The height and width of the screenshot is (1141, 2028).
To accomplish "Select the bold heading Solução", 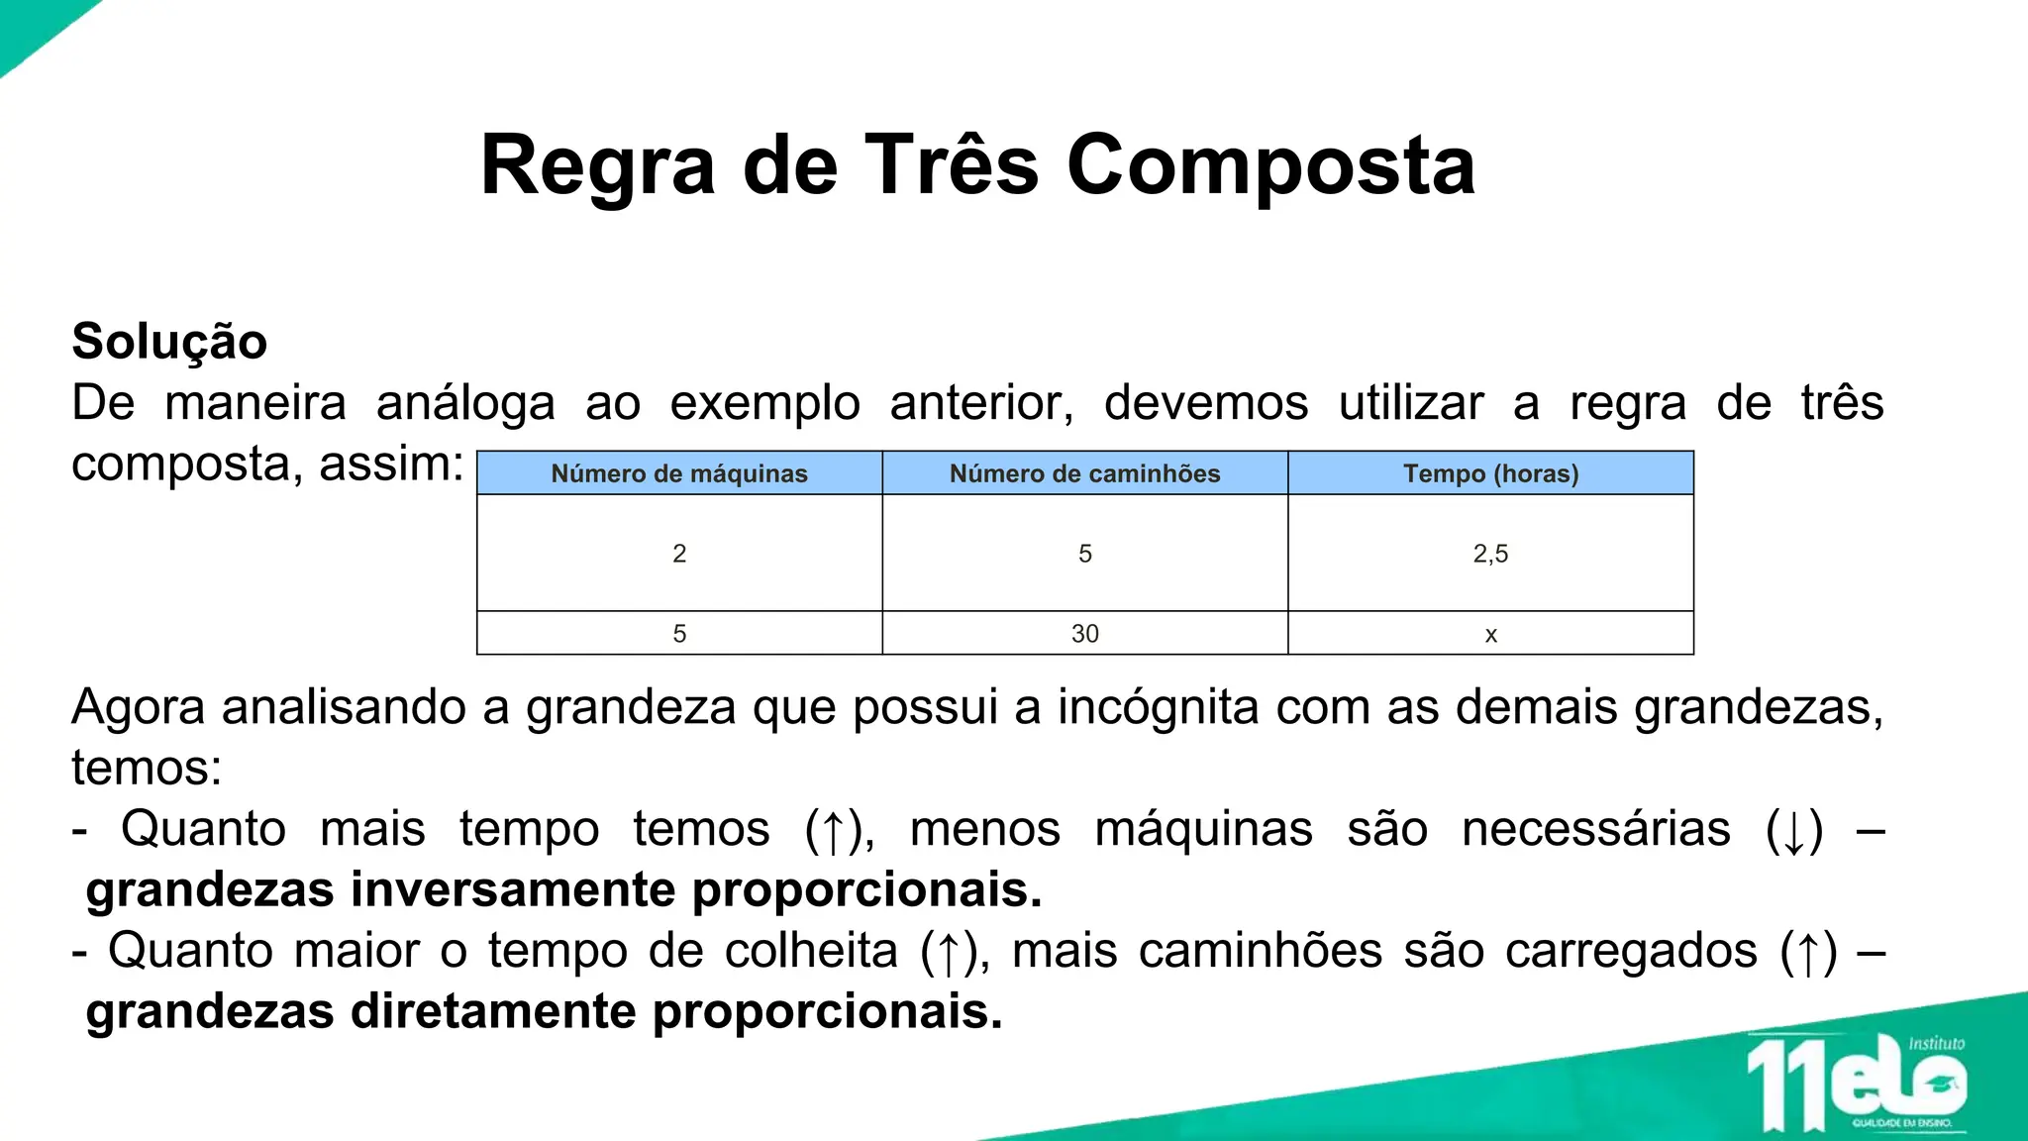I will (x=169, y=342).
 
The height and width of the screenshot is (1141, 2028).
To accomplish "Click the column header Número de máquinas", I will (x=679, y=473).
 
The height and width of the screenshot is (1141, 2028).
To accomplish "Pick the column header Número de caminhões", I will (x=1084, y=473).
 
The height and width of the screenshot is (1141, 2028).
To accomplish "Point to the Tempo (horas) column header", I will (x=1490, y=473).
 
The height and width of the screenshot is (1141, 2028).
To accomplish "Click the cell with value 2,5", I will (x=1490, y=554).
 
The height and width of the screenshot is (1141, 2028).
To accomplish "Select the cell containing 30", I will (x=1084, y=634).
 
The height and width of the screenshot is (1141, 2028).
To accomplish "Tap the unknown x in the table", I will (x=1490, y=635).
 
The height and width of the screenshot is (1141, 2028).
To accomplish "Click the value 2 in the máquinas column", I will (x=679, y=554).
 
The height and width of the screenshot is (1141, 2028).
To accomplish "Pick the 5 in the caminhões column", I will (x=1084, y=554).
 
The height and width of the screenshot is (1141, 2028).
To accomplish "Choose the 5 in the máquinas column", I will (x=679, y=634).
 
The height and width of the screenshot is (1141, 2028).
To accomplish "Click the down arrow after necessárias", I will (x=1793, y=832).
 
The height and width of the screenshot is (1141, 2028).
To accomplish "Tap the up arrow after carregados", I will (x=1808, y=954).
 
